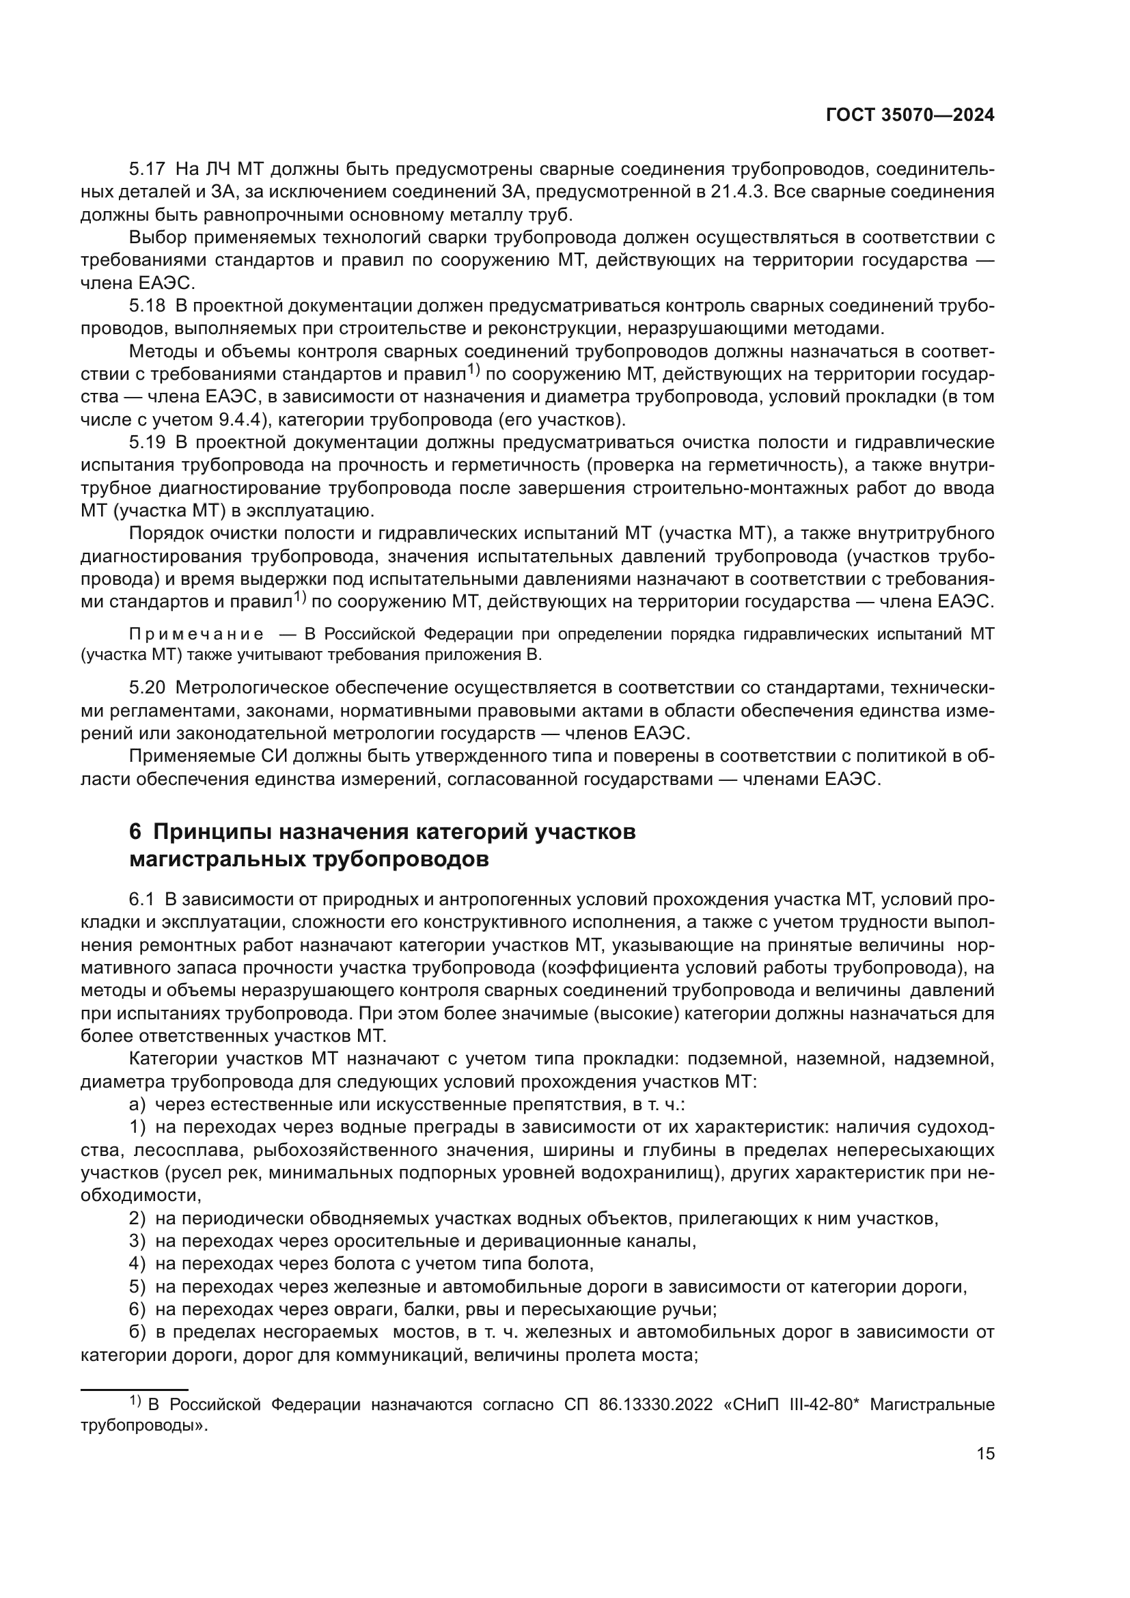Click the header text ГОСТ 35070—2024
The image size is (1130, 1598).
909,115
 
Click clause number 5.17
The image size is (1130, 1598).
147,169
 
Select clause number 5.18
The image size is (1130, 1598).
147,305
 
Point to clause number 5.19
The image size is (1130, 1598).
147,442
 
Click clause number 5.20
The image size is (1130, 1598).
147,688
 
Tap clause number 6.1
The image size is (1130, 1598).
141,899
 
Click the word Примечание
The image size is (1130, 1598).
196,634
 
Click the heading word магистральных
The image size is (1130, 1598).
213,859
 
